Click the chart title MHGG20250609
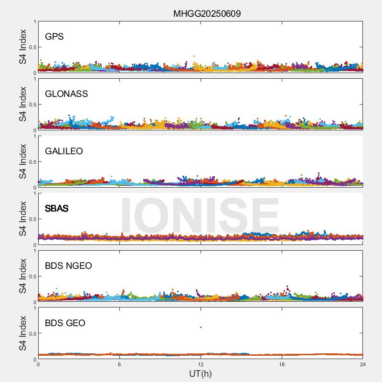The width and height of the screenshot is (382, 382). pos(207,13)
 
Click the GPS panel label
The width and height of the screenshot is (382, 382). pos(54,37)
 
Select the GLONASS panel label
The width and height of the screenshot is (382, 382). pos(66,94)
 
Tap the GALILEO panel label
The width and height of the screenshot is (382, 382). pos(64,151)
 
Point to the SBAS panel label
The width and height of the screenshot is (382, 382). pos(57,209)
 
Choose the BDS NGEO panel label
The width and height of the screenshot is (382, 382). pos(68,266)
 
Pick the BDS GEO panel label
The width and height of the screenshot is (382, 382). pos(65,323)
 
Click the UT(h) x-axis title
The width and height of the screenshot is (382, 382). pos(201,373)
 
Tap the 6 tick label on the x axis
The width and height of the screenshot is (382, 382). pos(119,364)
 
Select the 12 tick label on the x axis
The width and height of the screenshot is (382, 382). pos(201,364)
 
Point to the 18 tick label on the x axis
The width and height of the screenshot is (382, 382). pos(282,364)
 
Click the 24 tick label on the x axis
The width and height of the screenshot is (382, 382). pos(363,364)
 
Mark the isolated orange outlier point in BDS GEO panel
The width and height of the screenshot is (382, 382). pos(201,327)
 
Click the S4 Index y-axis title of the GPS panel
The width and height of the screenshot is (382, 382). pos(22,47)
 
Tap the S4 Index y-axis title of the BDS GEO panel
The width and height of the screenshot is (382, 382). pos(22,333)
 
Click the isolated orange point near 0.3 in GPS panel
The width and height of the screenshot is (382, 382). pos(194,56)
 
